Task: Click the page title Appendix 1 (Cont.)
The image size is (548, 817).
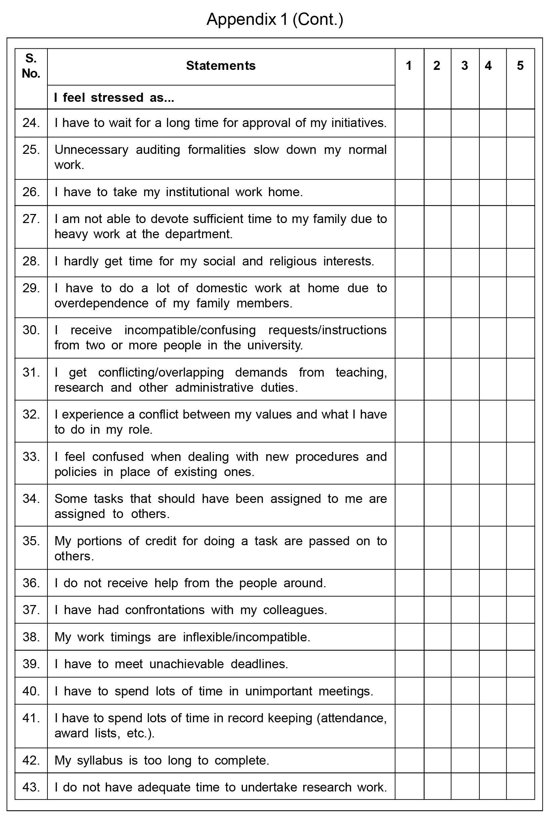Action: click(275, 19)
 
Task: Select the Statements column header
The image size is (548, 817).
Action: click(221, 66)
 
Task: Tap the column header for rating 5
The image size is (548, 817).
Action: click(520, 66)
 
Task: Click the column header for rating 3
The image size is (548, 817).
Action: click(465, 66)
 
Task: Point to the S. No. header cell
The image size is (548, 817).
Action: click(31, 66)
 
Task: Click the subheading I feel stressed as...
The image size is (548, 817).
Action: click(114, 97)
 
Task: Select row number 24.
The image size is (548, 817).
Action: click(31, 123)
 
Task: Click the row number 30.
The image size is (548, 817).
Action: click(31, 330)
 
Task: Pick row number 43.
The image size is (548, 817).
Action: click(31, 787)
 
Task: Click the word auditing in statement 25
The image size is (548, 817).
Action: click(158, 150)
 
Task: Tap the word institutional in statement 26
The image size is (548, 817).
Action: click(197, 192)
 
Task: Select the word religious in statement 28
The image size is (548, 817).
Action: click(293, 261)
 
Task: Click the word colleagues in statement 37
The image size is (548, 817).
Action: click(295, 610)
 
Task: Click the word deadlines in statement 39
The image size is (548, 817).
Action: click(259, 664)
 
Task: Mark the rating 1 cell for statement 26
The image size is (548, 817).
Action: click(409, 192)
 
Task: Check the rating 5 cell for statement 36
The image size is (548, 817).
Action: click(520, 583)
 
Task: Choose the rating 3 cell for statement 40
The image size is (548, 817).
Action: click(465, 691)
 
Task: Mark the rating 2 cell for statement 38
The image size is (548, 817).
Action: click(437, 637)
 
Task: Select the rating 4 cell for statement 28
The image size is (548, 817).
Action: click(492, 262)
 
